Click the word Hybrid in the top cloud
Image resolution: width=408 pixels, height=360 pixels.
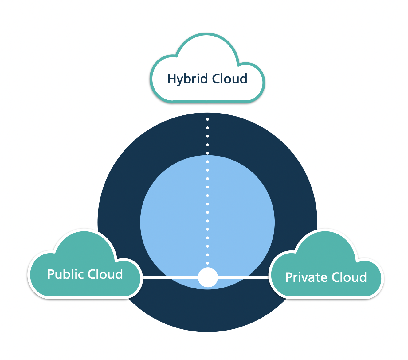point(187,79)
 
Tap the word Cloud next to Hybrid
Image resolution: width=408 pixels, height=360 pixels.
point(230,79)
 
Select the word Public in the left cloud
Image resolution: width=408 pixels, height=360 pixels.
point(65,274)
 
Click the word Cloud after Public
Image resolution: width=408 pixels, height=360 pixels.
point(105,274)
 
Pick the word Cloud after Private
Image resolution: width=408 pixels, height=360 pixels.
point(349,277)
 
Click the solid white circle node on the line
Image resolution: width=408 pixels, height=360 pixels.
point(208,277)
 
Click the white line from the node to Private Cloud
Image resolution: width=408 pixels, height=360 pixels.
point(243,277)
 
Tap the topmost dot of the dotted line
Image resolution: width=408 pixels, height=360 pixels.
point(208,119)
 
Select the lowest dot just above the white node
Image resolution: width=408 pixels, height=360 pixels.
point(208,263)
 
